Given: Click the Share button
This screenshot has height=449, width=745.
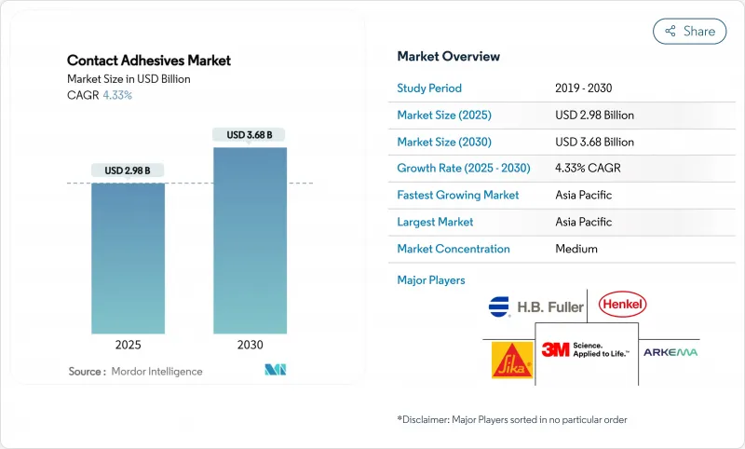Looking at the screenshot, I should (690, 31).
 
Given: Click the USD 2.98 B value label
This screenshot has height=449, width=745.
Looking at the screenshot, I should (128, 170).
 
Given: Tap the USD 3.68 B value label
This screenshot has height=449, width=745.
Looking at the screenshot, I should (250, 135).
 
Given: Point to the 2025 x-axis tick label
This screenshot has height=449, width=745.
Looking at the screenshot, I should (128, 345).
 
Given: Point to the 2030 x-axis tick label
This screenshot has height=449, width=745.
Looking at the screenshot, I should (250, 345).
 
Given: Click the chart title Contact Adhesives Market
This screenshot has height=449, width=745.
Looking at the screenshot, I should (149, 61).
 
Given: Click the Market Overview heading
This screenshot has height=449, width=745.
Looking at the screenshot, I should (448, 57).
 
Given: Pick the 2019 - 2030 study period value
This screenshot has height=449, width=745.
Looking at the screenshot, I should (583, 88).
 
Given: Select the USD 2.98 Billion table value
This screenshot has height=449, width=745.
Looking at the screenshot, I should (594, 116).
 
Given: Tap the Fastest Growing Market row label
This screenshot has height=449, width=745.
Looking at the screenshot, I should (457, 196).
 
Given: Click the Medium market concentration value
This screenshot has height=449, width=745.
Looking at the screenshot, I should (576, 249).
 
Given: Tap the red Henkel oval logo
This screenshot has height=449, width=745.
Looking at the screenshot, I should (623, 304).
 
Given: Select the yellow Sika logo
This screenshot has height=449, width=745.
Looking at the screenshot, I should (511, 360).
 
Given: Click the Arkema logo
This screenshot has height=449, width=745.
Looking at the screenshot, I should (670, 352).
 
